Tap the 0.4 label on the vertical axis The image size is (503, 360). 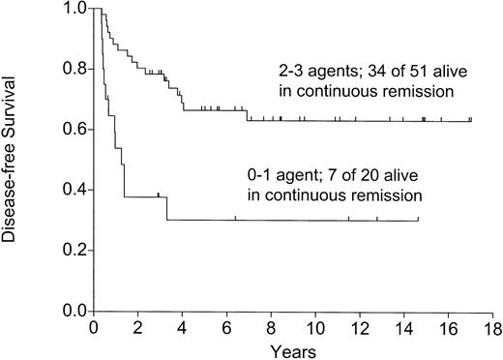pyautogui.click(x=74, y=191)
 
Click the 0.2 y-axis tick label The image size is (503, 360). pyautogui.click(x=74, y=251)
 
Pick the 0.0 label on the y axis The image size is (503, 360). pyautogui.click(x=74, y=312)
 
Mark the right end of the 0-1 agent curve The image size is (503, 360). pyautogui.click(x=418, y=221)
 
